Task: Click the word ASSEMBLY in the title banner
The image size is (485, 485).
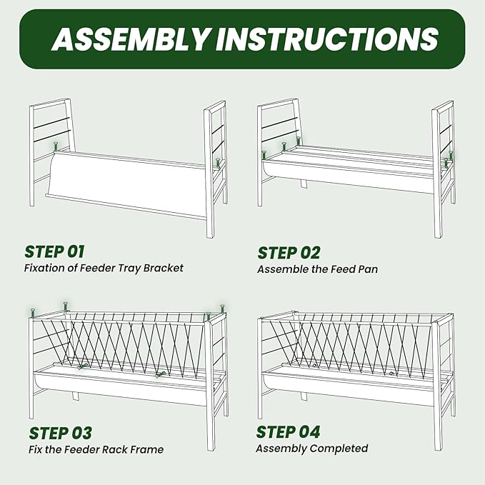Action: point(130,39)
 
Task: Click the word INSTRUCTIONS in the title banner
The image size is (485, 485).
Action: point(326,39)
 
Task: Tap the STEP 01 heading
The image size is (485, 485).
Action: point(54,251)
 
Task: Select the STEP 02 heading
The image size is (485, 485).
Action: point(289,253)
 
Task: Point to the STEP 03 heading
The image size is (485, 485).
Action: point(60,433)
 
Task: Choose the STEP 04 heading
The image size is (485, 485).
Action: point(288,432)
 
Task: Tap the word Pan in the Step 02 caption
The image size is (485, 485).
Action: point(368,269)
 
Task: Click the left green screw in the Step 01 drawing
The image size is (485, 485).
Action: point(56,146)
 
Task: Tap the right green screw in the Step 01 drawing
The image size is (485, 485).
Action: point(218,163)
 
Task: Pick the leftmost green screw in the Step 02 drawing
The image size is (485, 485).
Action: point(264,155)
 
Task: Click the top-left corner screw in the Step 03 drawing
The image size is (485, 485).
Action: point(33,313)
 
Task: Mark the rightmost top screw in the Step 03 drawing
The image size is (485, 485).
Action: point(222,309)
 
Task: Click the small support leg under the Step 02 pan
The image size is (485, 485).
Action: point(304,184)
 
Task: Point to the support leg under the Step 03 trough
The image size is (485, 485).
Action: point(76,396)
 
